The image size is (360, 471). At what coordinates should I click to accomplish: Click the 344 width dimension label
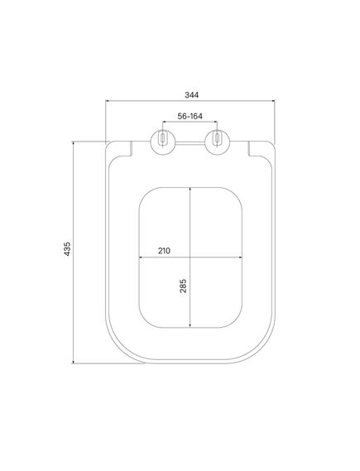click(191, 95)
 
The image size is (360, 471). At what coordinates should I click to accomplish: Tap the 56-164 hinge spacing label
click(190, 116)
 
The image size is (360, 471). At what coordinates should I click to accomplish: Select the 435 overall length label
click(67, 248)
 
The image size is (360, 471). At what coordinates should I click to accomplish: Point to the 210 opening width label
click(164, 251)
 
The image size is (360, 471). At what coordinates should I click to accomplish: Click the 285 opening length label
click(183, 286)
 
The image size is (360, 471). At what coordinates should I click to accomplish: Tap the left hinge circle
click(162, 142)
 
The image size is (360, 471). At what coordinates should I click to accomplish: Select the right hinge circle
click(217, 142)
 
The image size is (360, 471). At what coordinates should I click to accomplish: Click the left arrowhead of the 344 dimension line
click(108, 101)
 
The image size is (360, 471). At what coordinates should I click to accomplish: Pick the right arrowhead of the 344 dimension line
click(273, 101)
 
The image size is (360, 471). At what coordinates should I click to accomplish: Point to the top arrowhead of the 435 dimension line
click(73, 143)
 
